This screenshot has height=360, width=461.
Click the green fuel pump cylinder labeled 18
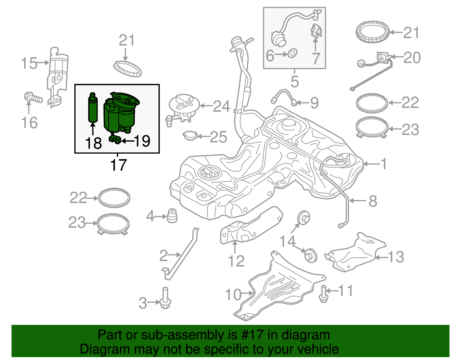tap(92, 110)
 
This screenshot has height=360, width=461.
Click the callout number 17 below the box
tap(118, 165)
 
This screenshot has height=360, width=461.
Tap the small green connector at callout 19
tap(115, 140)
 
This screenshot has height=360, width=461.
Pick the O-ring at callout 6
tap(292, 53)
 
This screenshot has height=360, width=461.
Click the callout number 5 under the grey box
tap(294, 81)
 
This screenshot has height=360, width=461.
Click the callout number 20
tap(412, 58)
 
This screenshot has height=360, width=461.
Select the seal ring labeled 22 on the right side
tap(372, 103)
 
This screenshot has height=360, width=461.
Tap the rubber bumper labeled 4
tap(172, 216)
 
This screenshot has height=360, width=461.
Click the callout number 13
tap(396, 257)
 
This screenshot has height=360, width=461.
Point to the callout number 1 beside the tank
tap(383, 164)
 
